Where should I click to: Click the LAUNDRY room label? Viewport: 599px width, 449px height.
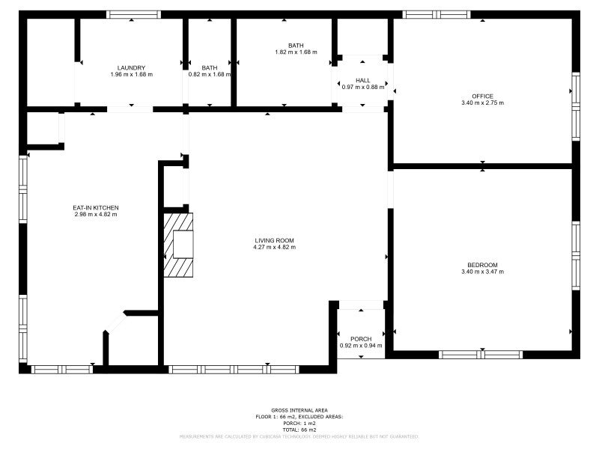pos(131,67)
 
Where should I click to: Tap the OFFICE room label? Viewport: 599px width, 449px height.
pos(482,96)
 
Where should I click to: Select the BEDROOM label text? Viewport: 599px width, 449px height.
pos(482,265)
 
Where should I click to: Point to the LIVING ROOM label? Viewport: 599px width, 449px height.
pos(274,240)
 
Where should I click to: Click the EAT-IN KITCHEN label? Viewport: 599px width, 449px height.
pos(96,207)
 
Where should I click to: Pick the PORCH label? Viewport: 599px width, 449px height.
pos(361,339)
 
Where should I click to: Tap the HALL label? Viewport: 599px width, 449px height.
pos(363,80)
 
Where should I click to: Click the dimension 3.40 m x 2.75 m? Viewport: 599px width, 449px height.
pos(482,103)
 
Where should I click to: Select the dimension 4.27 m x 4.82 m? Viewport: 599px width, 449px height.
pos(274,247)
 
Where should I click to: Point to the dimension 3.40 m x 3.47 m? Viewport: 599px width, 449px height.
pos(482,272)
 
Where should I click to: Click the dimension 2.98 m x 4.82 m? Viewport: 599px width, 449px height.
pos(96,214)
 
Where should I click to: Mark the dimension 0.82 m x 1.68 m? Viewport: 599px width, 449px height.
pos(209,74)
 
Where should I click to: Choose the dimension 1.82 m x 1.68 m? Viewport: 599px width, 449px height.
pos(296,52)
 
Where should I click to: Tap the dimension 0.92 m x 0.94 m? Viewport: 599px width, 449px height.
pos(361,346)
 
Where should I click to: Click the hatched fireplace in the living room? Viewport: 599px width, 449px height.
pos(178,245)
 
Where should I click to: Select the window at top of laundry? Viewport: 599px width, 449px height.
pos(134,14)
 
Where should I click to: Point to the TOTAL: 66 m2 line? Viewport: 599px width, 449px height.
pos(299,430)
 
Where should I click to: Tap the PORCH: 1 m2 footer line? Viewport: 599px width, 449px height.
pos(299,424)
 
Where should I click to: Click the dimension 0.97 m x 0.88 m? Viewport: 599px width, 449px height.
pos(363,87)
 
